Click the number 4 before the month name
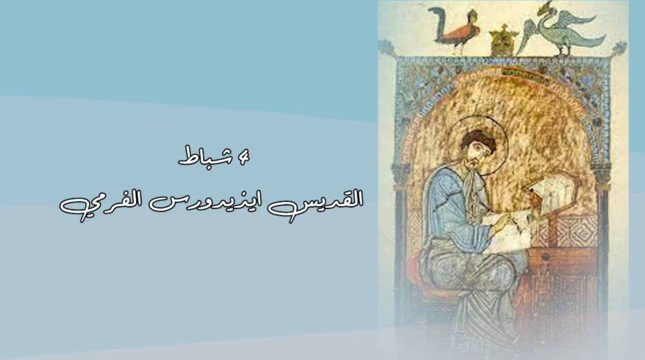tap(243, 157)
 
